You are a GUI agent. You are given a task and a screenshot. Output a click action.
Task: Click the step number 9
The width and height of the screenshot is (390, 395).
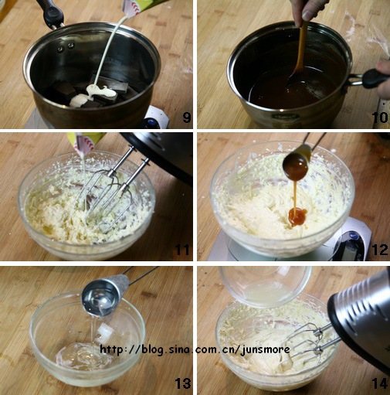(187, 117)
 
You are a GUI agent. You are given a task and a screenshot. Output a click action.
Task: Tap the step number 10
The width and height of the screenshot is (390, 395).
(380, 117)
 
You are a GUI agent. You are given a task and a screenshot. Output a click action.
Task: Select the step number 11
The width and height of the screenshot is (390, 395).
(182, 250)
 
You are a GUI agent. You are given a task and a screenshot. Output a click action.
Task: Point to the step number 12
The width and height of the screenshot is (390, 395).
(380, 250)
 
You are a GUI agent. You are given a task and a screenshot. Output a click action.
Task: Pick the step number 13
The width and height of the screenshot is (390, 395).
(183, 383)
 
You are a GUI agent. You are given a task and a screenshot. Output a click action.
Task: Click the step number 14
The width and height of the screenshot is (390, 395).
(380, 383)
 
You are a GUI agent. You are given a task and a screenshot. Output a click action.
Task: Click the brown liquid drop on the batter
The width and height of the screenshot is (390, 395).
(297, 216)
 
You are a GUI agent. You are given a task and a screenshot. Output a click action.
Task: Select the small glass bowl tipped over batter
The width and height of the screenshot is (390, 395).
(265, 287)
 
